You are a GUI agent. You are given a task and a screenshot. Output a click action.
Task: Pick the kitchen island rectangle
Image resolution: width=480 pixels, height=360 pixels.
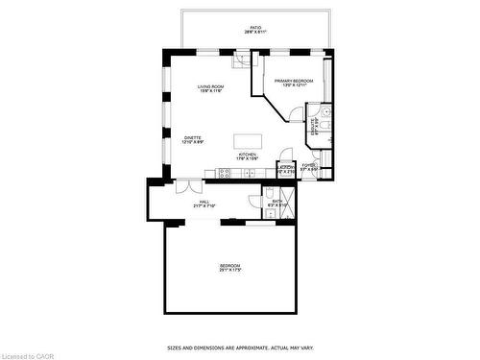248,141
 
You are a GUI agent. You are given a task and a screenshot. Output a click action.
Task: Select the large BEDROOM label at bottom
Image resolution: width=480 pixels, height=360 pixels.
229,267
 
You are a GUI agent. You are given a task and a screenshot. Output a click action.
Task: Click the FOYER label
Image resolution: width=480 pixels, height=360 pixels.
308,167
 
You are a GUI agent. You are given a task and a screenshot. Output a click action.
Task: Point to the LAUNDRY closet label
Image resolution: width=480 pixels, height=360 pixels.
285,168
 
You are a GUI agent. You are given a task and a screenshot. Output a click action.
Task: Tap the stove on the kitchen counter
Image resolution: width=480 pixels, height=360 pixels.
225,174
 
